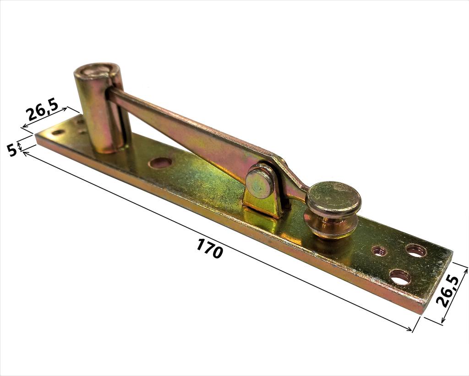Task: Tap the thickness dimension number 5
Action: [11, 149]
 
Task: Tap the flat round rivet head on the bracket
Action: [259, 183]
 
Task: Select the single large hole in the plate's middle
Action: [160, 163]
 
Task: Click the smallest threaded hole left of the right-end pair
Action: [379, 251]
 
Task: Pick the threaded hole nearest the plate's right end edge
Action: [416, 251]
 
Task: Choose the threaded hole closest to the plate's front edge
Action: [400, 276]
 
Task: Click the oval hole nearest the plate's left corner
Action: [58, 132]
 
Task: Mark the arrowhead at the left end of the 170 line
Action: [26, 153]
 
